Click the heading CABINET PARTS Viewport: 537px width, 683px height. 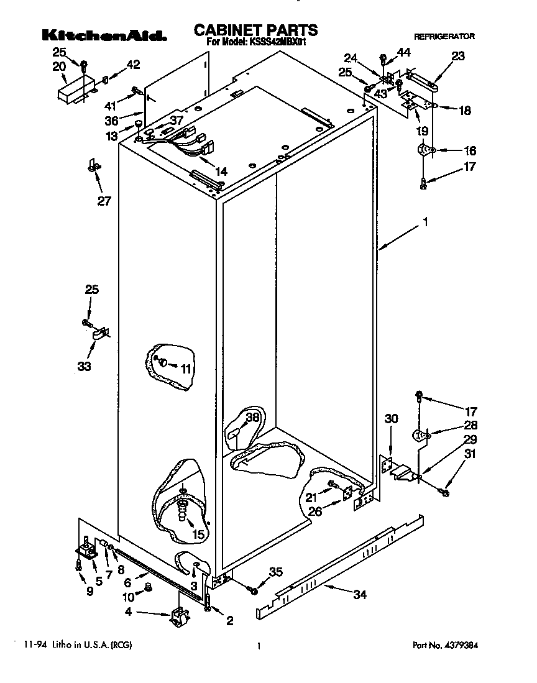coord(255,30)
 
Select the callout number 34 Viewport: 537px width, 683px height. coord(359,595)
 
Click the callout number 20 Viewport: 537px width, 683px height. coord(59,66)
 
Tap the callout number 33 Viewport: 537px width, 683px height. coord(84,367)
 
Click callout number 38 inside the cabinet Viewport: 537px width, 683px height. coord(252,418)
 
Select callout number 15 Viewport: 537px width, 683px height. coord(198,534)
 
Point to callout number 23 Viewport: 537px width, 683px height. coord(457,57)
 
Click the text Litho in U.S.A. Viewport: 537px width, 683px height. coord(78,646)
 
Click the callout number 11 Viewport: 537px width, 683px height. coord(185,368)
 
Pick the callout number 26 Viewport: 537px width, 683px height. coord(316,511)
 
